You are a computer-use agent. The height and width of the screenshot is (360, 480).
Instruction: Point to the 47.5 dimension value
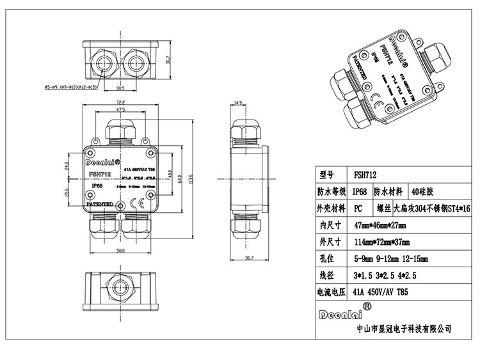120,110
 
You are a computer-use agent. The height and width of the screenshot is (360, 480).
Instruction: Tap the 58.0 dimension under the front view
120,251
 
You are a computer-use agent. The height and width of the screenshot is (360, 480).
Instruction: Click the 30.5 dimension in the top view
120,88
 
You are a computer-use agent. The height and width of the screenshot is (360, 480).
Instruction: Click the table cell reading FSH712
365,174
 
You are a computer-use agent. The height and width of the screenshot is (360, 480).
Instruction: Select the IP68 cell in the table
360,191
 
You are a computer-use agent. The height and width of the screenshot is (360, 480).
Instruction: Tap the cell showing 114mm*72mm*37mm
382,242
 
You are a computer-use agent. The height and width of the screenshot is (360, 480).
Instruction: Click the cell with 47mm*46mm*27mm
382,225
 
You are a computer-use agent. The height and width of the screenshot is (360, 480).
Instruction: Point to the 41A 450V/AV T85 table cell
380,292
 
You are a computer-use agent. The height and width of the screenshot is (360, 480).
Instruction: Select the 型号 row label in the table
326,174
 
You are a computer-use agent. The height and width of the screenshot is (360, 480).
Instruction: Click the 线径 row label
326,276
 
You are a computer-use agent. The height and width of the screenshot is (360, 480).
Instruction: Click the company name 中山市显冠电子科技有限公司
403,329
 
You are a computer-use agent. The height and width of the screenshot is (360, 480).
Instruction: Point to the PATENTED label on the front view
100,205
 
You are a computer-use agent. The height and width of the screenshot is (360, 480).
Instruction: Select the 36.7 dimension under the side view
250,257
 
